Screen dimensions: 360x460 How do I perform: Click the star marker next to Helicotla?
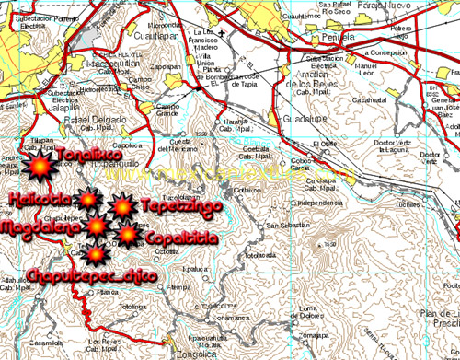(88, 199)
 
